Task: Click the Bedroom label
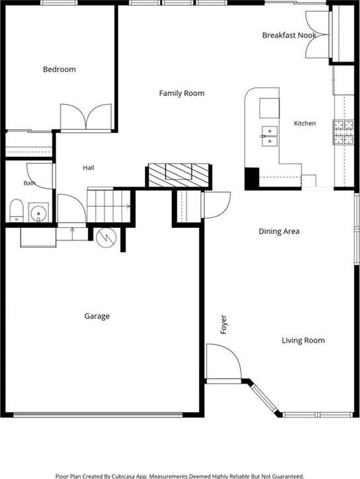point(59,70)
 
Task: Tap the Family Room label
point(182,93)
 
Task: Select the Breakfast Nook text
point(289,35)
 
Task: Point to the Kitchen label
point(305,123)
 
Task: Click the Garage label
point(97,316)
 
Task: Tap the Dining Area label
point(279,231)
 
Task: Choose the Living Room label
point(303,341)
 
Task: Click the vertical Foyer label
point(223,325)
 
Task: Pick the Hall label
point(89,168)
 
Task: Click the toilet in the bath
point(17,211)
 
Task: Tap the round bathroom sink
point(38,212)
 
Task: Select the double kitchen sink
point(270,136)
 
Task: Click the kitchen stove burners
point(343,132)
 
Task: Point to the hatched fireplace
point(178,176)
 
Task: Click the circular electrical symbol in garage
point(106,238)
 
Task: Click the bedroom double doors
point(86,117)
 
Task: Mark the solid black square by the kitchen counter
point(252,178)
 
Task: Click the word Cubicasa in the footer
point(124,476)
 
